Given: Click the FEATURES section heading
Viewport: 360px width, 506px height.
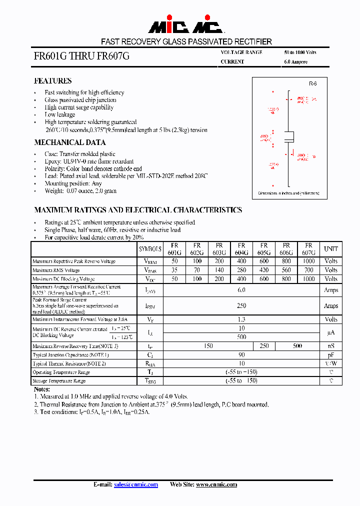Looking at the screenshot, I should (52, 81).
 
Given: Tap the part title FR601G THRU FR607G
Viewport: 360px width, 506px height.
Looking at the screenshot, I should (81, 56).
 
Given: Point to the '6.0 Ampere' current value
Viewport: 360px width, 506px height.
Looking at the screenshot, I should (295, 62).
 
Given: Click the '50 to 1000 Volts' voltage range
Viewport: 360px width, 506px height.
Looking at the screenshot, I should (300, 52).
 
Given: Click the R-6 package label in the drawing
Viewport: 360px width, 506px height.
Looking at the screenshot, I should (312, 84).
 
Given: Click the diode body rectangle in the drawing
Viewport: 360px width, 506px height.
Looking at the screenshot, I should (289, 136).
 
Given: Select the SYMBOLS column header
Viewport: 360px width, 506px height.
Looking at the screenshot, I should (150, 249).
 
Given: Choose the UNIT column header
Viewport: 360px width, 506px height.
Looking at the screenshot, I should (330, 249).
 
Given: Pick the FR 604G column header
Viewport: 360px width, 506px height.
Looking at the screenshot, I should (241, 249).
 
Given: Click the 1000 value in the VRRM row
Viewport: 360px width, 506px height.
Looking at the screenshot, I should (308, 261).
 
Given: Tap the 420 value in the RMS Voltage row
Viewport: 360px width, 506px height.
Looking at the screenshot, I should (264, 270).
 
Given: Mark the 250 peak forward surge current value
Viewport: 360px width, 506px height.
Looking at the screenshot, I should (241, 305).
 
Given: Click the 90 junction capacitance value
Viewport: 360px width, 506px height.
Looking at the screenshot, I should (241, 354).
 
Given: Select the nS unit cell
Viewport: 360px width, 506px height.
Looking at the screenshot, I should (330, 346).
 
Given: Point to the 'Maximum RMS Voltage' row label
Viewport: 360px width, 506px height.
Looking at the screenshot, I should (56, 270).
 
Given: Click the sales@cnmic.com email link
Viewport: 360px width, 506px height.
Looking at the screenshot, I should (136, 484).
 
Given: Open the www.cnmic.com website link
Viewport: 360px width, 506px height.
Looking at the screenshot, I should (216, 484).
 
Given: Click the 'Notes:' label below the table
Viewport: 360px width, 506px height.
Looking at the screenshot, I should (42, 389).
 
